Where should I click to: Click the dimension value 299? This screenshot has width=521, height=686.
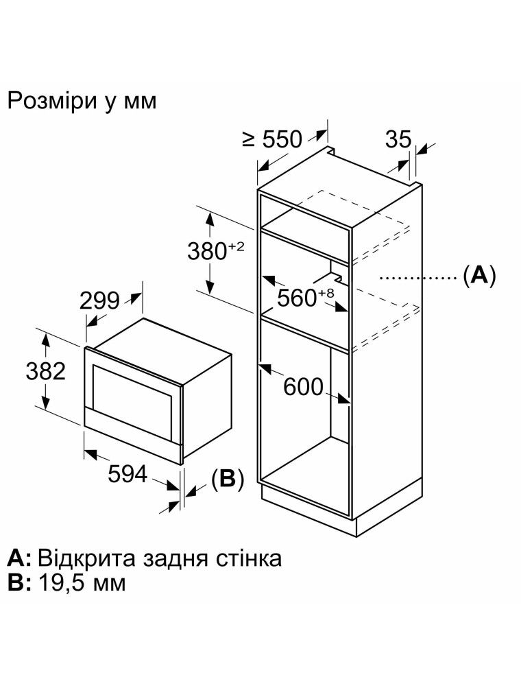pyautogui.click(x=99, y=300)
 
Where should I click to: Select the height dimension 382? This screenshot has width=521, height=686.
pyautogui.click(x=45, y=370)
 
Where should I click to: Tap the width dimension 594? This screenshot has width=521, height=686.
pyautogui.click(x=128, y=474)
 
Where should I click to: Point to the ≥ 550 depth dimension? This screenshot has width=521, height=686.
pyautogui.click(x=272, y=139)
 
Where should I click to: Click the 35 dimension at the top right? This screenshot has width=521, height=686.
pyautogui.click(x=398, y=139)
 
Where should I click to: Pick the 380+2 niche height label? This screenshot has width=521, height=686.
pyautogui.click(x=215, y=252)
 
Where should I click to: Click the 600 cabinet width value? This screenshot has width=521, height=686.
pyautogui.click(x=302, y=387)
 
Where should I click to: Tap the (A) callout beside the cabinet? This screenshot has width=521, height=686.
pyautogui.click(x=478, y=276)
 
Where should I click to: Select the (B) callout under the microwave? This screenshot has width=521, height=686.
pyautogui.click(x=227, y=480)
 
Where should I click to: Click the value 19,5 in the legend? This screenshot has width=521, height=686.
pyautogui.click(x=62, y=584)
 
